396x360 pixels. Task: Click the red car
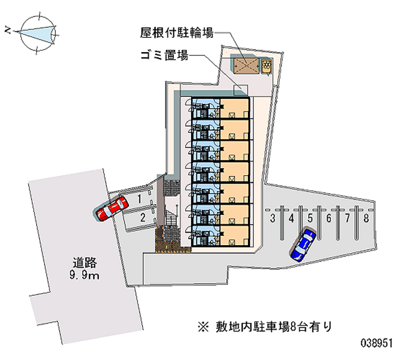(112, 208)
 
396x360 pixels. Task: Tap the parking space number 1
(141, 199)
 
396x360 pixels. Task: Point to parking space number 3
(273, 217)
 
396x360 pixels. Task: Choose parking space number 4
(292, 217)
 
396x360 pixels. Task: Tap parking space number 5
(310, 217)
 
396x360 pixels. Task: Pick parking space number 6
(329, 217)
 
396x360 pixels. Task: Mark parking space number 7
(347, 217)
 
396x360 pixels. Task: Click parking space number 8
(366, 217)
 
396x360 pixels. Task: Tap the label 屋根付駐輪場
(176, 33)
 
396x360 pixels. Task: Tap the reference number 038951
(377, 342)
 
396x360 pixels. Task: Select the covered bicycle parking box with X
(247, 66)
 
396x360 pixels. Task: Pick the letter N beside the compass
(7, 31)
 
